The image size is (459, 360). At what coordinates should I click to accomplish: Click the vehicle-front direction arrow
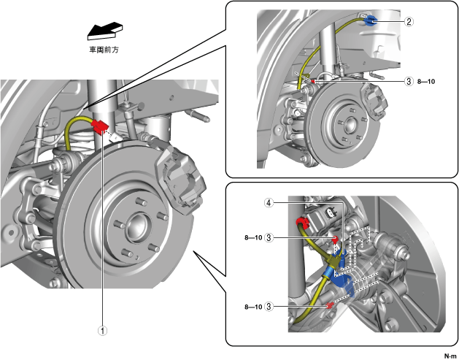click(x=105, y=31)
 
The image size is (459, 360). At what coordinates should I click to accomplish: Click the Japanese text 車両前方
click(x=104, y=50)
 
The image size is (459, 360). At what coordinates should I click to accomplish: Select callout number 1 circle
click(x=102, y=331)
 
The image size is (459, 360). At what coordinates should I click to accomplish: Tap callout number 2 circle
click(x=409, y=22)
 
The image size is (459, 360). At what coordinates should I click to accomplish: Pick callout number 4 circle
click(x=269, y=202)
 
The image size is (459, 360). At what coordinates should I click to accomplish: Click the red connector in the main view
click(x=100, y=126)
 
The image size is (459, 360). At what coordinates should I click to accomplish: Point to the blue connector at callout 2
click(x=371, y=20)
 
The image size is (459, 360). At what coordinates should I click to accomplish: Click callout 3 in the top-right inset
click(x=409, y=81)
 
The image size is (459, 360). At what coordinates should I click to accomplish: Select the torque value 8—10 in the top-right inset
click(x=426, y=82)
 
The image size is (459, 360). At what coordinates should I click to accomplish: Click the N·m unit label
click(x=450, y=356)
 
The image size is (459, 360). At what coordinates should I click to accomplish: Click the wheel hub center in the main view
click(x=136, y=227)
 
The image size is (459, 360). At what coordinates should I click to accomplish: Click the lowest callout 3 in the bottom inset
click(x=269, y=307)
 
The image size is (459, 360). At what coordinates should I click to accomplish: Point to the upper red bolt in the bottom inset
click(x=335, y=239)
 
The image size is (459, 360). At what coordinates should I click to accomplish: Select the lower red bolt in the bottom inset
click(x=331, y=305)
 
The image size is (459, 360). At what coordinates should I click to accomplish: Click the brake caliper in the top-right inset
click(x=374, y=101)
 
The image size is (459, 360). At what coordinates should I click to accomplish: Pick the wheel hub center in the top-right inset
click(x=350, y=125)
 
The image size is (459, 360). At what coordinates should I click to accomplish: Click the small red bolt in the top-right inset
click(x=312, y=81)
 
